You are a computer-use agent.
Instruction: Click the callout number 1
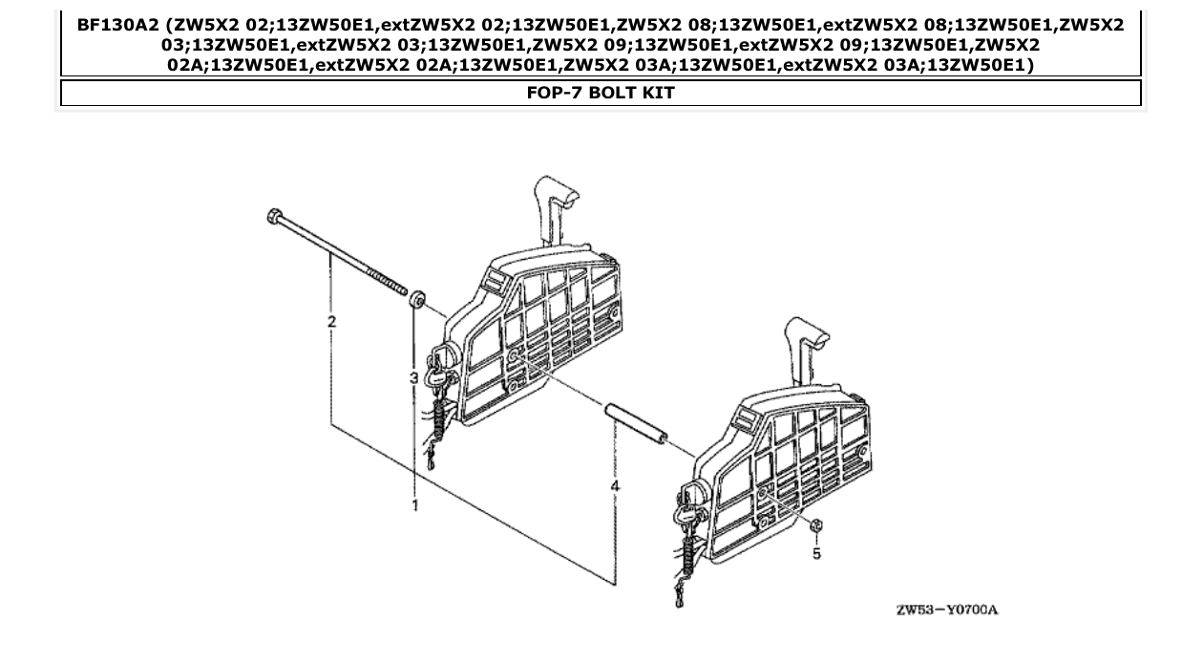point(415,503)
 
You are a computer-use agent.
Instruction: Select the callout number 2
point(331,322)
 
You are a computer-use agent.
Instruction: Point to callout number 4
point(615,486)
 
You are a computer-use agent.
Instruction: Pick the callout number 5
point(816,552)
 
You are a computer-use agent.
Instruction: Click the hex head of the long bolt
point(274,216)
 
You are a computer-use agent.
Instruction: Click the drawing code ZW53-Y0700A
point(946,610)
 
